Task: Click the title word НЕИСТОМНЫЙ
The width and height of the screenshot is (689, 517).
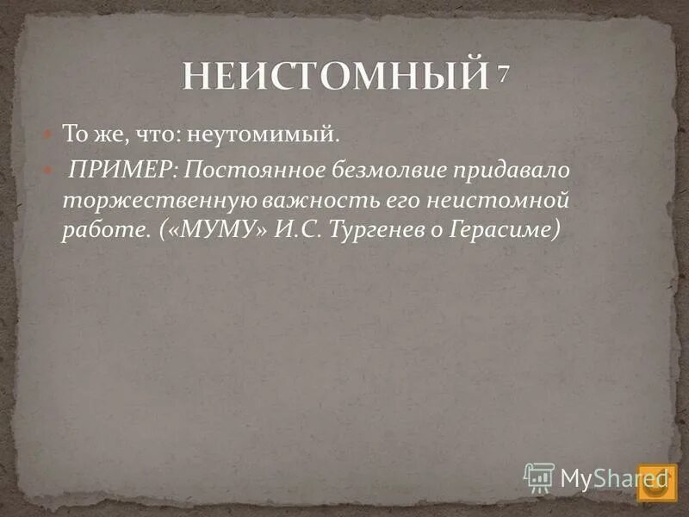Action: (334, 78)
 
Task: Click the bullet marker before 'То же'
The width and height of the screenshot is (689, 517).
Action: (49, 134)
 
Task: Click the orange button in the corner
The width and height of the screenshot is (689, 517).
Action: (658, 483)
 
